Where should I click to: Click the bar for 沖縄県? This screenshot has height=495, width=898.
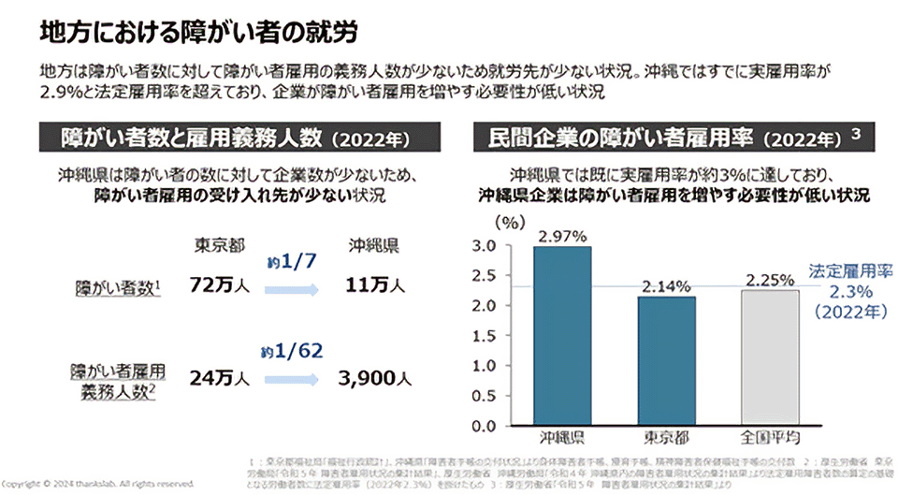pyautogui.click(x=562, y=336)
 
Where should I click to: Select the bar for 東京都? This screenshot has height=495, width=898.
pyautogui.click(x=667, y=360)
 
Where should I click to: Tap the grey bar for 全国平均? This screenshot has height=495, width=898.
pyautogui.click(x=771, y=357)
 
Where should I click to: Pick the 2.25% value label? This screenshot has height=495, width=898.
pyautogui.click(x=771, y=279)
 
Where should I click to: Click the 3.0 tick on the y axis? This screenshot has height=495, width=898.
pyautogui.click(x=486, y=246)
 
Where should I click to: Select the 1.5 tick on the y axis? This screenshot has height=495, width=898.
pyautogui.click(x=486, y=336)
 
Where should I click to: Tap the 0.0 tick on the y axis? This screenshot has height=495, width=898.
pyautogui.click(x=486, y=427)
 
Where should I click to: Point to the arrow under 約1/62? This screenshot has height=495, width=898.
pyautogui.click(x=296, y=381)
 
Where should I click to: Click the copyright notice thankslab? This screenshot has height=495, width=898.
pyautogui.click(x=98, y=483)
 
